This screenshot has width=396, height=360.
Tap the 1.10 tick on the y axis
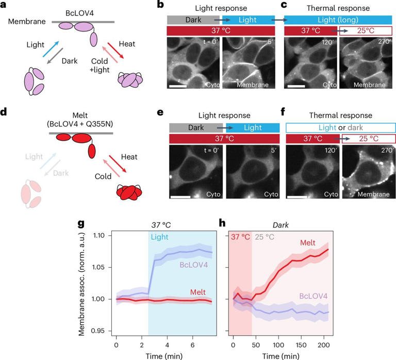pyautogui.click(x=101, y=236)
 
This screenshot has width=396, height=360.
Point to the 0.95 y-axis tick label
pyautogui.click(x=101, y=331)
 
